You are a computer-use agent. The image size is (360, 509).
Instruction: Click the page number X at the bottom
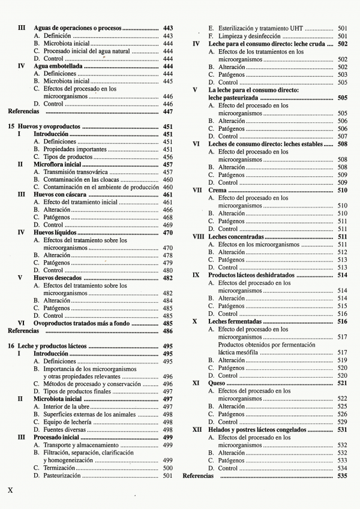coord(10,489)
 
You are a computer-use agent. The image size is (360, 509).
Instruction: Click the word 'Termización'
coord(59,468)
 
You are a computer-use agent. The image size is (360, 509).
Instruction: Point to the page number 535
coord(343,475)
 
